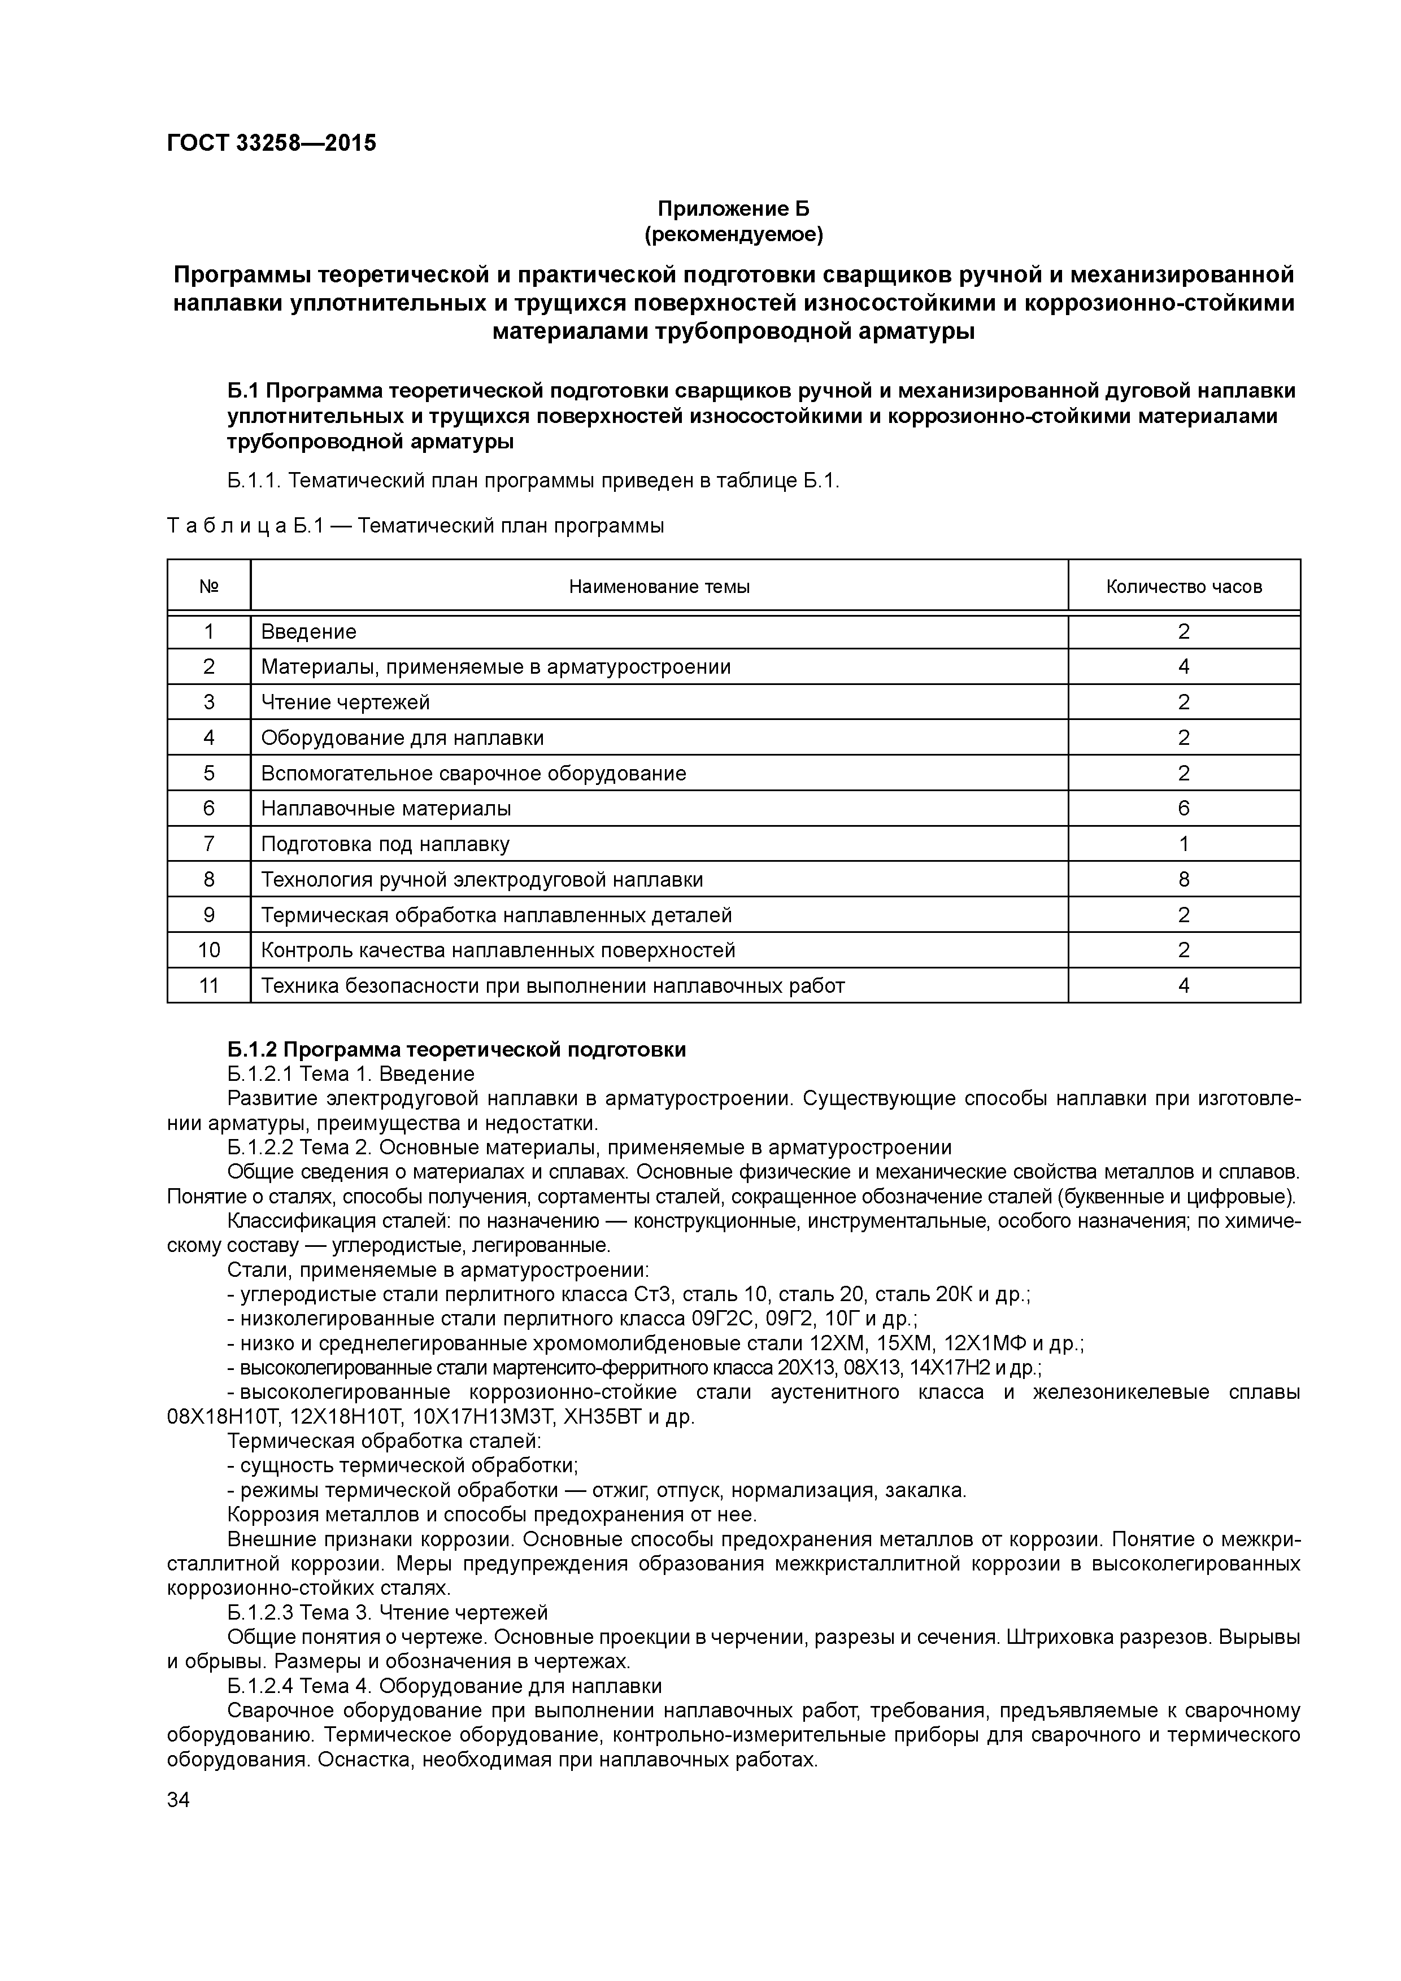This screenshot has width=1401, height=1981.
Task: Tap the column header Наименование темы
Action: tap(659, 587)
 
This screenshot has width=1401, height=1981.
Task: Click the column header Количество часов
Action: tap(1184, 587)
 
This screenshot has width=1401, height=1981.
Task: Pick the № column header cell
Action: tap(209, 587)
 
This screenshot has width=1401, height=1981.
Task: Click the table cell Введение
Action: tap(309, 631)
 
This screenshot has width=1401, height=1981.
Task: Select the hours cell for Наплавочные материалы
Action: tap(1184, 809)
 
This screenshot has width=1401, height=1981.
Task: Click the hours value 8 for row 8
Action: tap(1184, 879)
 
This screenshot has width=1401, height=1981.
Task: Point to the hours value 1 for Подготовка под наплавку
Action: tap(1184, 844)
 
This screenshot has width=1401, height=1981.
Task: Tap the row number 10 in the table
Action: tap(209, 950)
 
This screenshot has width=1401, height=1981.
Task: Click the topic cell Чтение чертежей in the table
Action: tap(345, 702)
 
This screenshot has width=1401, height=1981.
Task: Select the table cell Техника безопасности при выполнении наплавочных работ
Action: tap(552, 985)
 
